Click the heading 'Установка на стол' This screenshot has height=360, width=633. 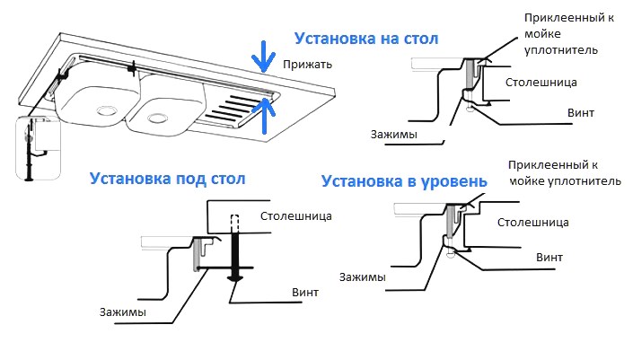366,39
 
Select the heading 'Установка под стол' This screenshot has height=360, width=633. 168,179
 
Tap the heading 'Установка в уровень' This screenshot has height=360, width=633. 404,181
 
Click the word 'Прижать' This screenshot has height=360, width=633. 307,65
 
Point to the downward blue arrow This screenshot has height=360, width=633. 263,57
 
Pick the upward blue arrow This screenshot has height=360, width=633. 264,116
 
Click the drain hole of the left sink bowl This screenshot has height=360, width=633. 107,110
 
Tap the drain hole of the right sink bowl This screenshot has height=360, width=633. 155,118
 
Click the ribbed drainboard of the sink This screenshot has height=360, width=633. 233,107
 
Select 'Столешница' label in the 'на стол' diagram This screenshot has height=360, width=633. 541,83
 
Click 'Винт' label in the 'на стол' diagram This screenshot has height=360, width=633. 581,112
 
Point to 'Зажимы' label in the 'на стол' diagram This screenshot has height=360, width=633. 393,135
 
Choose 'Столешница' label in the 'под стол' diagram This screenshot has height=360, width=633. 296,216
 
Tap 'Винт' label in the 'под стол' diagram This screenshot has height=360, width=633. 305,292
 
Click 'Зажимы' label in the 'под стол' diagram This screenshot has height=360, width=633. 123,312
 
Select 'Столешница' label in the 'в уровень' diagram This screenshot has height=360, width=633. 532,223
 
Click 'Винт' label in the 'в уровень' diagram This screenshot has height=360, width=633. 549,257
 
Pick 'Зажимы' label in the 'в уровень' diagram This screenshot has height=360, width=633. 362,277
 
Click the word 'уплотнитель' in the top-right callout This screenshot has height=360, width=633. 561,50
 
